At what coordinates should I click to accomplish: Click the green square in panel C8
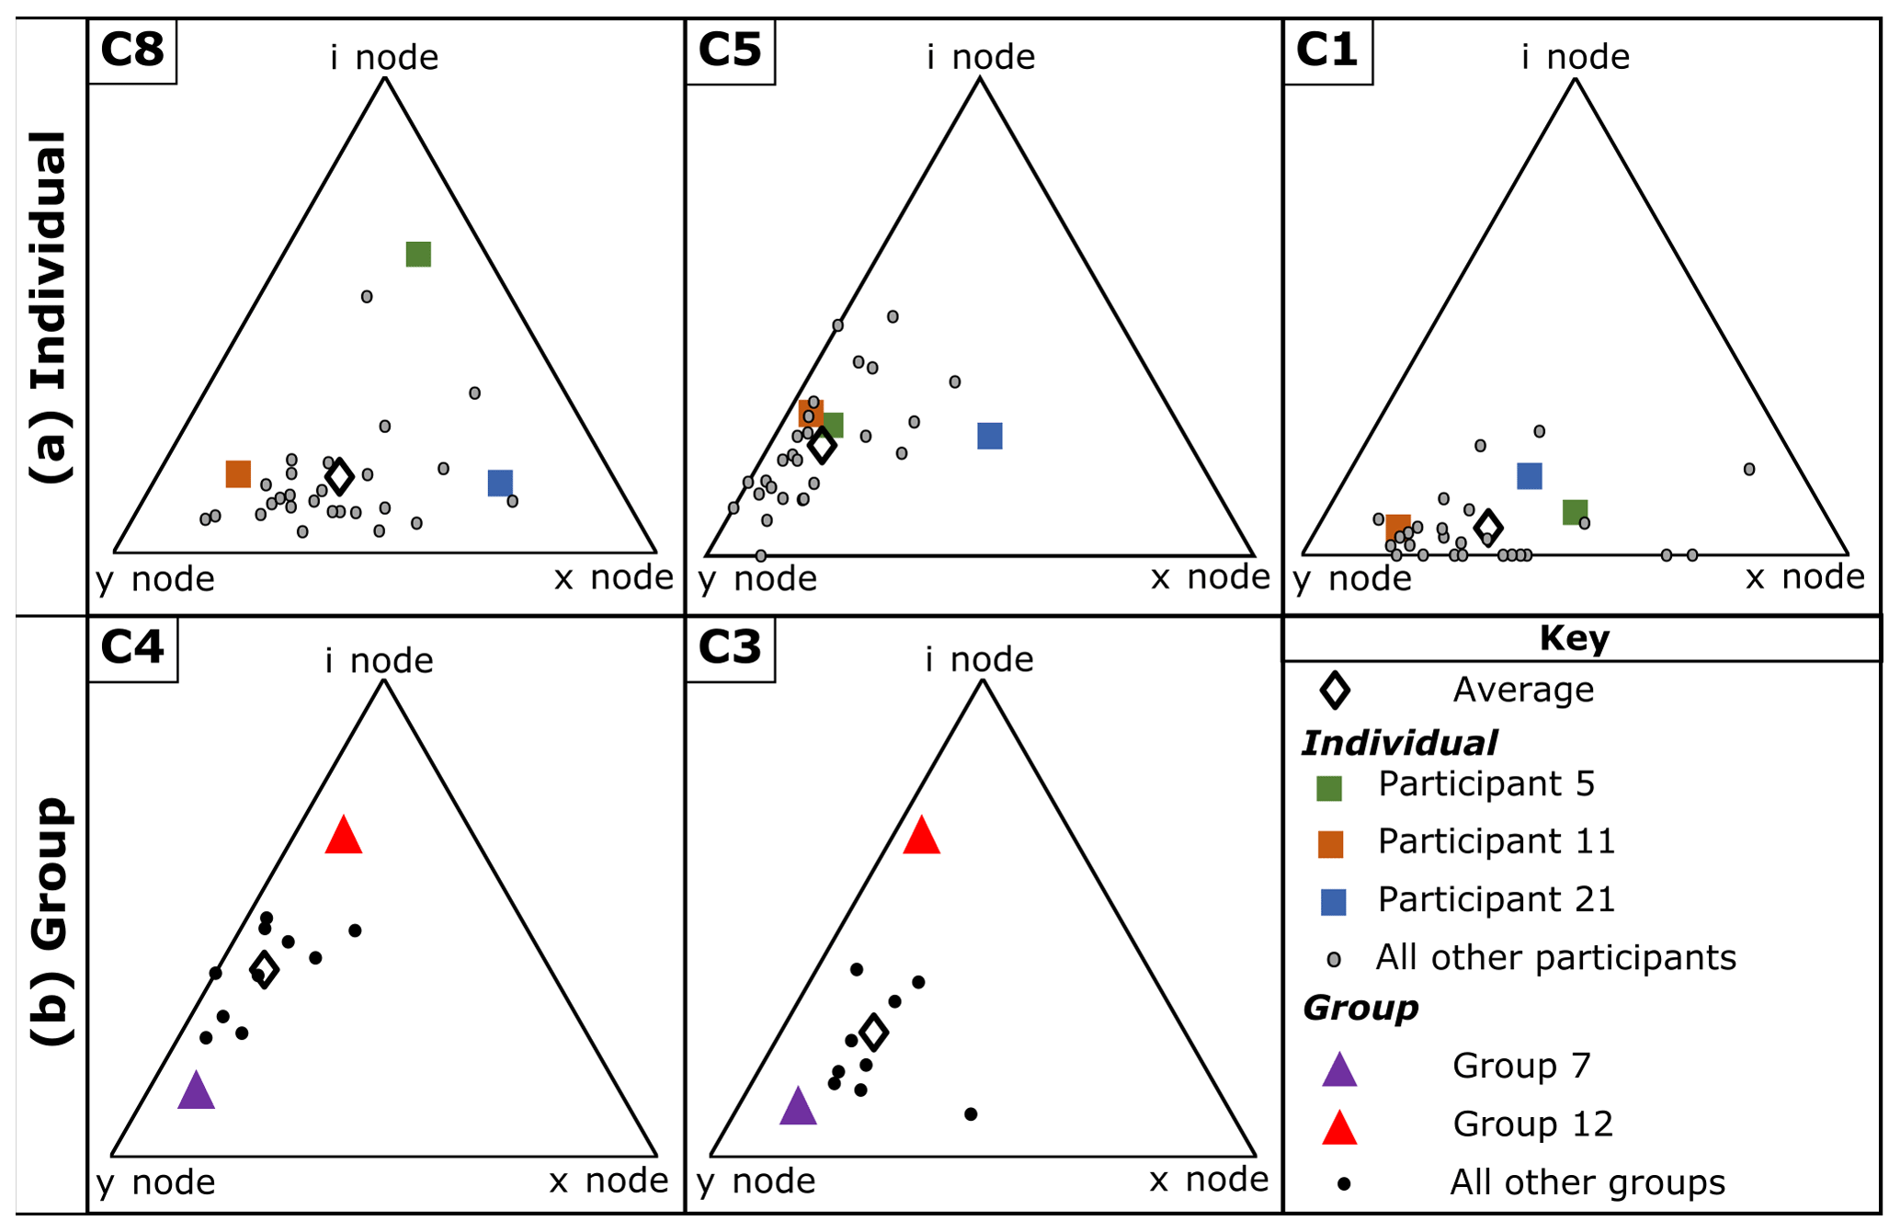[418, 254]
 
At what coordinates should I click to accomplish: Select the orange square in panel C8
[238, 473]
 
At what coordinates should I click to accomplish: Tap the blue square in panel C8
[500, 482]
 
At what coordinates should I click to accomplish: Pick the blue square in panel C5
[989, 436]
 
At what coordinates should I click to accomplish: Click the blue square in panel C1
[1529, 475]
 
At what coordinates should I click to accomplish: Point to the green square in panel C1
[1575, 512]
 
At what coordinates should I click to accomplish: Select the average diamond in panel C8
[340, 476]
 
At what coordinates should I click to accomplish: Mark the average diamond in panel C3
[873, 1032]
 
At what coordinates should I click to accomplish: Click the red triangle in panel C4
[343, 836]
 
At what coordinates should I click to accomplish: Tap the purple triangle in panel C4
[196, 1091]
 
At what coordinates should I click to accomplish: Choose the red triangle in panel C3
[921, 836]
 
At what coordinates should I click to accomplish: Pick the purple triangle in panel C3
[798, 1106]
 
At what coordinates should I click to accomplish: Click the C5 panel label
[730, 50]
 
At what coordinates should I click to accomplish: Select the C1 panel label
[1326, 50]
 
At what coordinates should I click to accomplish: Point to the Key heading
[1574, 638]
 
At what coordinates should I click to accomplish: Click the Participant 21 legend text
[1496, 899]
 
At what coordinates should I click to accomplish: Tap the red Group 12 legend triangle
[1339, 1127]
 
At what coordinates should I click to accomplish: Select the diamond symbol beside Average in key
[1335, 690]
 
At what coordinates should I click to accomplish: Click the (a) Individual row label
[51, 307]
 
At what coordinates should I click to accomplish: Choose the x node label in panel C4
[609, 1181]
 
